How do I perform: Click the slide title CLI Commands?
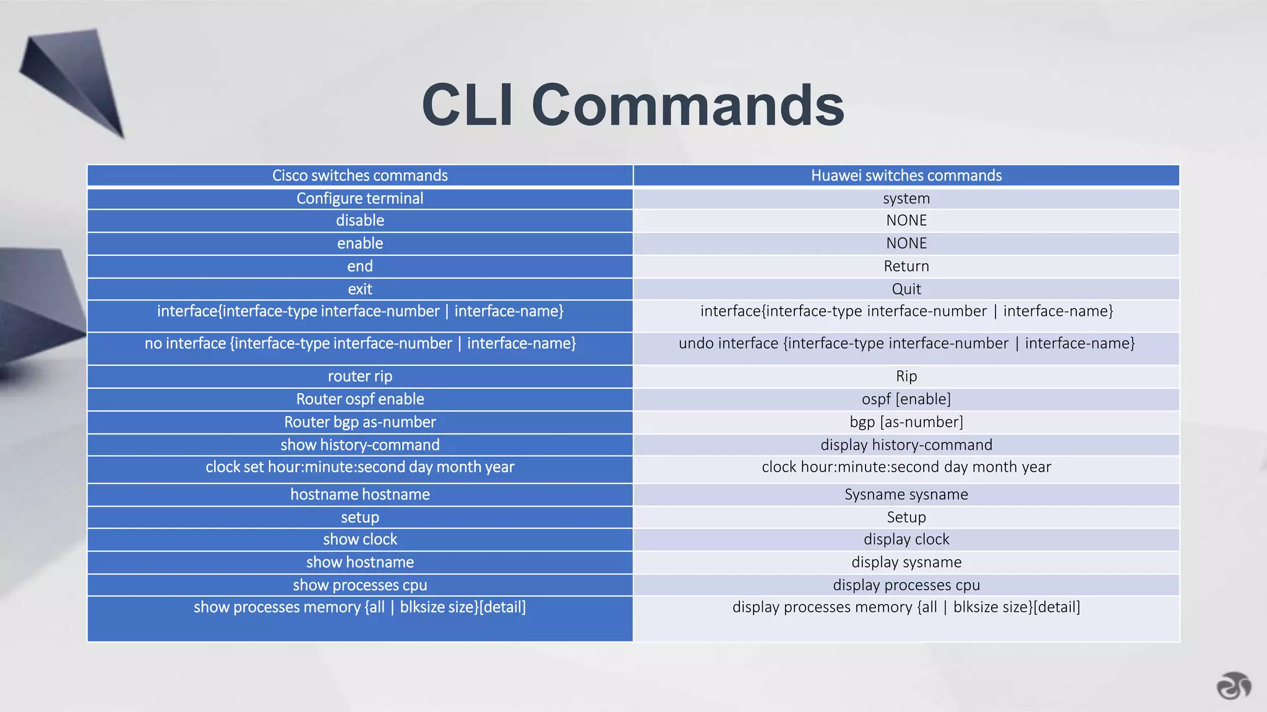(x=633, y=105)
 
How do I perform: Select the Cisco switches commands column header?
(x=360, y=176)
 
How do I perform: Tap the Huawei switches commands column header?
(x=906, y=176)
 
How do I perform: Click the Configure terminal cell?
(x=360, y=198)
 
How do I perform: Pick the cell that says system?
(x=906, y=198)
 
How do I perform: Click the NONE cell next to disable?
(x=906, y=221)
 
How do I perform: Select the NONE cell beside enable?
(x=906, y=244)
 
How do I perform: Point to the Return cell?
(x=906, y=266)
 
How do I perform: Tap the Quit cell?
(x=906, y=289)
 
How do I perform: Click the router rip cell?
(x=360, y=376)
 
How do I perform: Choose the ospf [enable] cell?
(x=906, y=399)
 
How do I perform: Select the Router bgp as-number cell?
(x=360, y=422)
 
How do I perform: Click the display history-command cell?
(x=906, y=445)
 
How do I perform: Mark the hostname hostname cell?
(x=360, y=494)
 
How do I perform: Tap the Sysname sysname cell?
(x=906, y=494)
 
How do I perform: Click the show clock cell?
(x=360, y=540)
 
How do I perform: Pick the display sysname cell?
(x=906, y=562)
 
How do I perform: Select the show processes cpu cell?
(x=360, y=585)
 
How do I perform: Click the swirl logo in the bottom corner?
(x=1234, y=685)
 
